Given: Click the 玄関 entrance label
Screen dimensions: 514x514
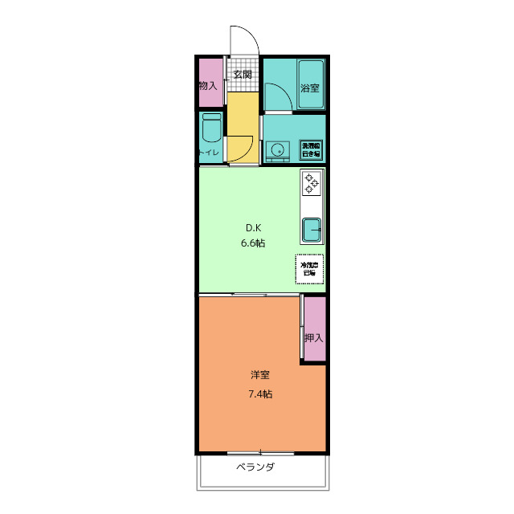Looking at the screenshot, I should click(x=243, y=75).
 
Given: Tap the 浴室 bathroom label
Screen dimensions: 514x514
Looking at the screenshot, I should click(x=310, y=88).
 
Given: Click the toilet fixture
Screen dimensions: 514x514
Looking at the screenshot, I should click(x=211, y=128).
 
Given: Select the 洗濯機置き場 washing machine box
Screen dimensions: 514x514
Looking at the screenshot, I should click(x=311, y=149).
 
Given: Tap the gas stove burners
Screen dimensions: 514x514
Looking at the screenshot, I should click(x=311, y=184).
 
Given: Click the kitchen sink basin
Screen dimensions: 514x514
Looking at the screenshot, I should click(x=311, y=230).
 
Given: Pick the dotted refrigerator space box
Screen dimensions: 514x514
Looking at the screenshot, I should click(x=308, y=269).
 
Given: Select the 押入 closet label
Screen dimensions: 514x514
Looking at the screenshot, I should click(x=313, y=337).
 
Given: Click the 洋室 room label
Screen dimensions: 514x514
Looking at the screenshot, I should click(x=259, y=375).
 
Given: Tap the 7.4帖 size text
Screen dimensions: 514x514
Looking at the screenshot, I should click(x=259, y=394).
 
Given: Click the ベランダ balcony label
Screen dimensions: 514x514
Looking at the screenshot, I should click(x=255, y=467).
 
